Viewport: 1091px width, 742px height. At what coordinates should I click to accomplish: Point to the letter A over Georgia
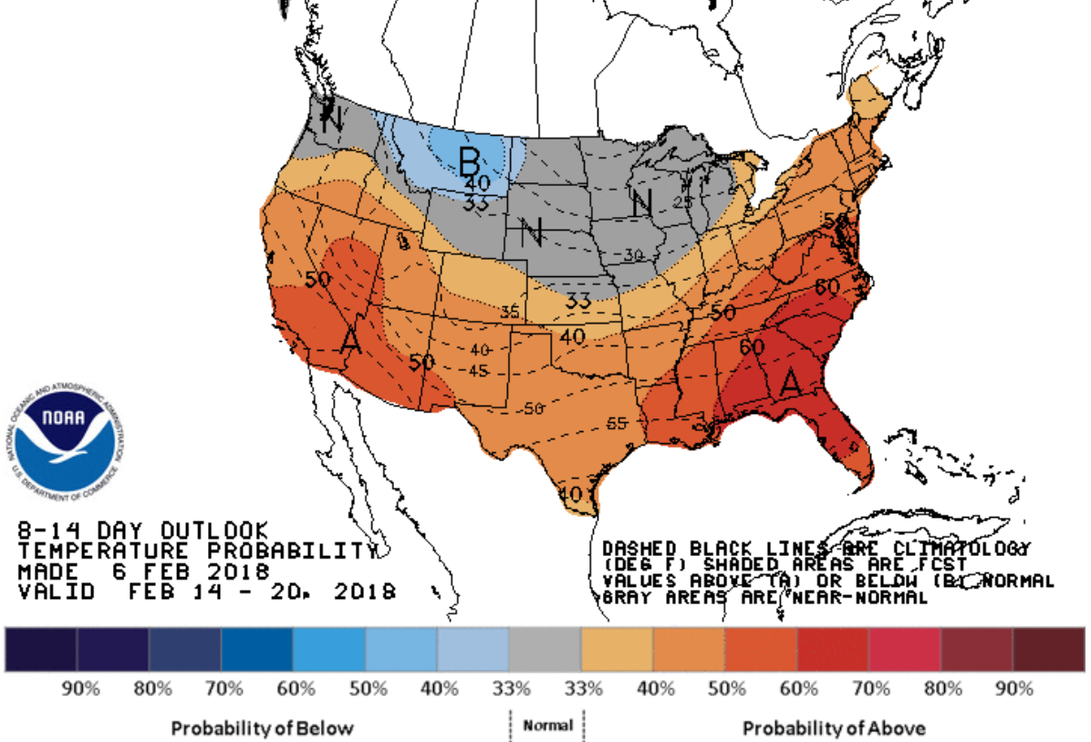[790, 384]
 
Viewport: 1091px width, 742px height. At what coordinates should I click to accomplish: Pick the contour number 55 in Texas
[618, 424]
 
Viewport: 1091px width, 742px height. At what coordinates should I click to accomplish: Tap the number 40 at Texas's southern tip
[571, 494]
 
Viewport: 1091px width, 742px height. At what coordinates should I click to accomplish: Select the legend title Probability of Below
[262, 728]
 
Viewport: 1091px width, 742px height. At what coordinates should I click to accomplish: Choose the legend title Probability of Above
[833, 728]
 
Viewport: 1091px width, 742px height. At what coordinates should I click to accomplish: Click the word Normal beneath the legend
[547, 726]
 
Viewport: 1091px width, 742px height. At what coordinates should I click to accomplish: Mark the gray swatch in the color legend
[545, 649]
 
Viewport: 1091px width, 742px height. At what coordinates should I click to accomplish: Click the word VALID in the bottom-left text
[57, 592]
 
